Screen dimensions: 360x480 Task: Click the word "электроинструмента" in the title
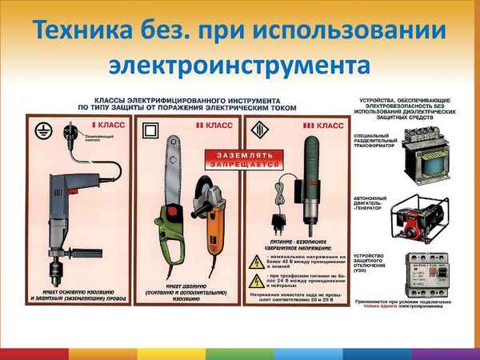[239, 65]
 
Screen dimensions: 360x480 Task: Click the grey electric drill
[64, 200]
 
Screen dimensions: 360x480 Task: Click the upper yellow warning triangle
[256, 257]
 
